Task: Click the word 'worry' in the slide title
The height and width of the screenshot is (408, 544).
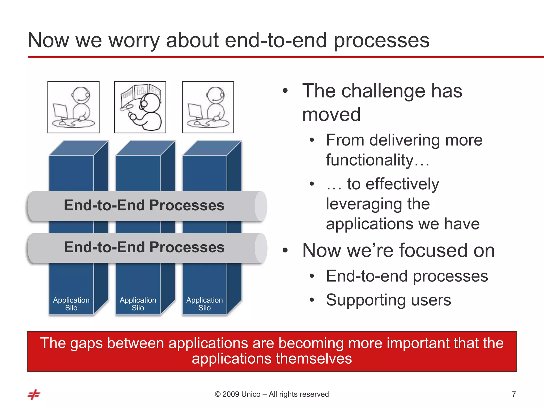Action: pyautogui.click(x=134, y=41)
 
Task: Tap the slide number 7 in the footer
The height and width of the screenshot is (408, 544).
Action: pyautogui.click(x=514, y=394)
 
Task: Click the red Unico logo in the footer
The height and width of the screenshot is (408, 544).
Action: pyautogui.click(x=34, y=394)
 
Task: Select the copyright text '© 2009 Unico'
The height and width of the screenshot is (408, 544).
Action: pyautogui.click(x=237, y=394)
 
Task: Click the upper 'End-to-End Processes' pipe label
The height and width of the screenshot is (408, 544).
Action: pyautogui.click(x=144, y=205)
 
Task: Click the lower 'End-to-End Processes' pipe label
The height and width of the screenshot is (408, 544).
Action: pyautogui.click(x=144, y=247)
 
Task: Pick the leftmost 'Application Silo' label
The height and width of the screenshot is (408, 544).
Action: pyautogui.click(x=71, y=304)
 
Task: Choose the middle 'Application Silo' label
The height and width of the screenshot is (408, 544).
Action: pyautogui.click(x=138, y=304)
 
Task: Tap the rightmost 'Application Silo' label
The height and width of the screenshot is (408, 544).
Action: pyautogui.click(x=205, y=304)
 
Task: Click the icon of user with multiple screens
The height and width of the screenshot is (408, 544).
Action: pyautogui.click(x=140, y=107)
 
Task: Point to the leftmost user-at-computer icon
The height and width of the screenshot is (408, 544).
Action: pyautogui.click(x=73, y=107)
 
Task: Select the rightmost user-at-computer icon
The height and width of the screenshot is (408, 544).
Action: pyautogui.click(x=208, y=107)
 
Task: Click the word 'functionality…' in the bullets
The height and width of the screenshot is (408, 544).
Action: pyautogui.click(x=377, y=160)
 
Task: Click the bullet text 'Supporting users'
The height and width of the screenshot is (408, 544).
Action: pyautogui.click(x=388, y=300)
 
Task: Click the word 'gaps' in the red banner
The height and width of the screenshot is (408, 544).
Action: pyautogui.click(x=86, y=343)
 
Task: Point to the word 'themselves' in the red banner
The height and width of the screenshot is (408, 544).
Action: pyautogui.click(x=313, y=359)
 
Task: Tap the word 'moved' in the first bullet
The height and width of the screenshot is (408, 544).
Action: pyautogui.click(x=331, y=115)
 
